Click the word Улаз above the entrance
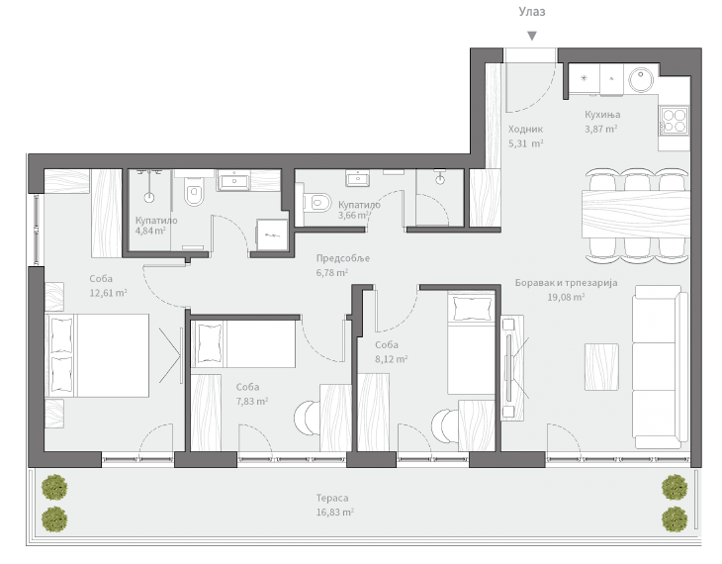(x=532, y=12)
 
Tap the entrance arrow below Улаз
(x=532, y=37)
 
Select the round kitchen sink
(x=642, y=78)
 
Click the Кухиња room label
(x=601, y=115)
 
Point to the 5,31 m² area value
(x=525, y=143)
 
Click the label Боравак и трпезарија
(x=566, y=283)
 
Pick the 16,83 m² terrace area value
(x=334, y=513)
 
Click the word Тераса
(x=334, y=499)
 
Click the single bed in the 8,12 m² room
(x=471, y=342)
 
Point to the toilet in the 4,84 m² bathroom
(x=194, y=197)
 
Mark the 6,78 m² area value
(x=331, y=272)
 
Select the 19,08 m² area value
(x=566, y=296)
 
